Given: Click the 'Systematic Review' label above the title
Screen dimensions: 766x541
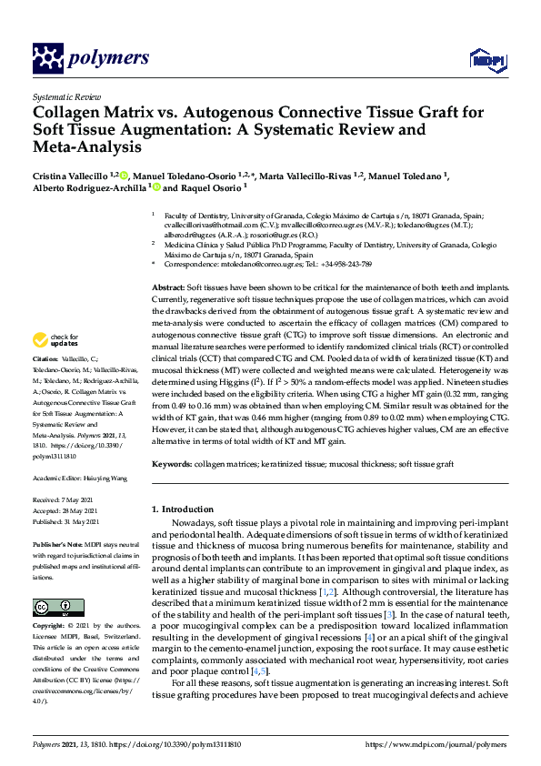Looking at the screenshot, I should point(65,96).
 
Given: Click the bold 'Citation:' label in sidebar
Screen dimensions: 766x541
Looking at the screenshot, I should point(45,386).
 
